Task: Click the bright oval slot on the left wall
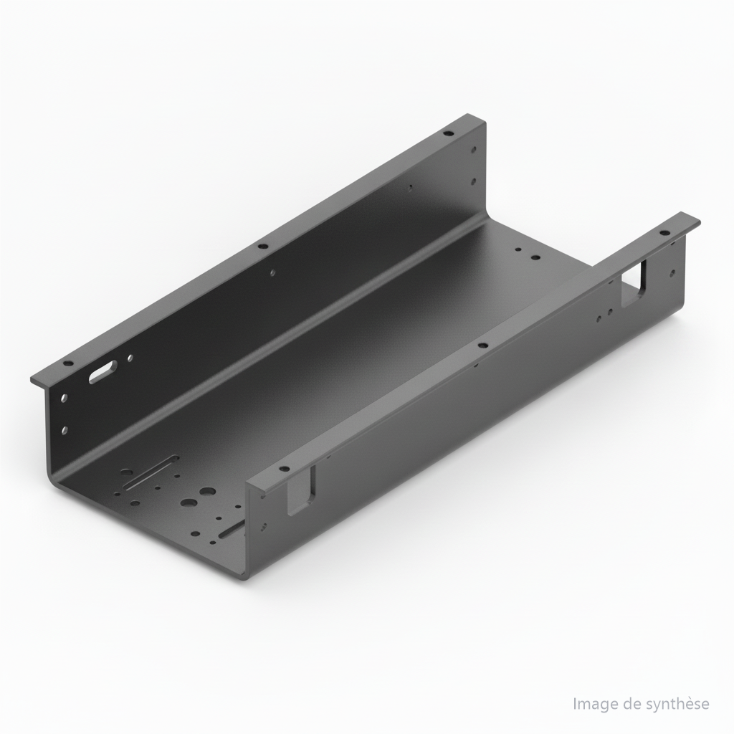103,372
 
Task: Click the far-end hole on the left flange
449,133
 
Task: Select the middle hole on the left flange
262,245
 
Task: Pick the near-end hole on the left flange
68,363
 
